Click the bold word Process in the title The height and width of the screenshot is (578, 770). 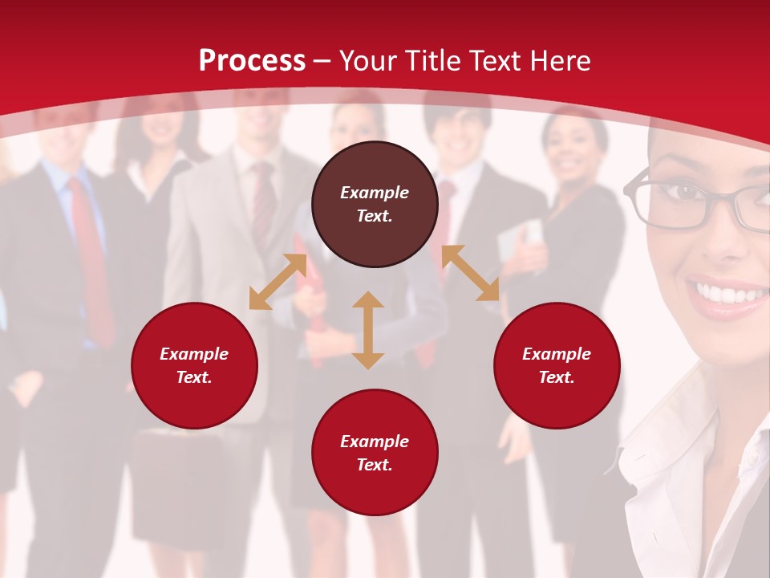coord(252,61)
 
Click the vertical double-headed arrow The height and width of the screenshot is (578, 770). coord(368,330)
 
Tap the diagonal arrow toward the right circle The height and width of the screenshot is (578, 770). coord(471,273)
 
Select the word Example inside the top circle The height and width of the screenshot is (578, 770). coord(375,193)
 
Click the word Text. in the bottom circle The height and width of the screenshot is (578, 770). coord(375,465)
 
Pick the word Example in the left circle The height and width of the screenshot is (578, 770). coord(194,354)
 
